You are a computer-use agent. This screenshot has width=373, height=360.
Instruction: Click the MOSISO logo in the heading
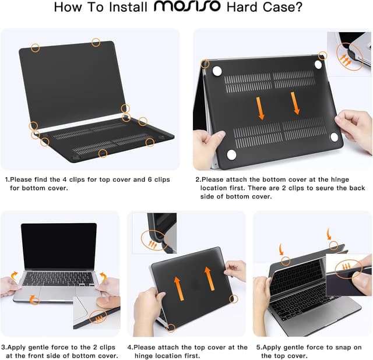[188, 8]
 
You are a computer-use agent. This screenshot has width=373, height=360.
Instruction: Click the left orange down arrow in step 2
[261, 108]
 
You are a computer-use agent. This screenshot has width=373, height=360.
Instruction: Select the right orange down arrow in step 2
[295, 103]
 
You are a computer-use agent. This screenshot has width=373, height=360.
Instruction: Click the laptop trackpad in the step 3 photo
[57, 295]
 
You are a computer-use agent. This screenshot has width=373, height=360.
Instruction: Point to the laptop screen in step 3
[58, 246]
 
